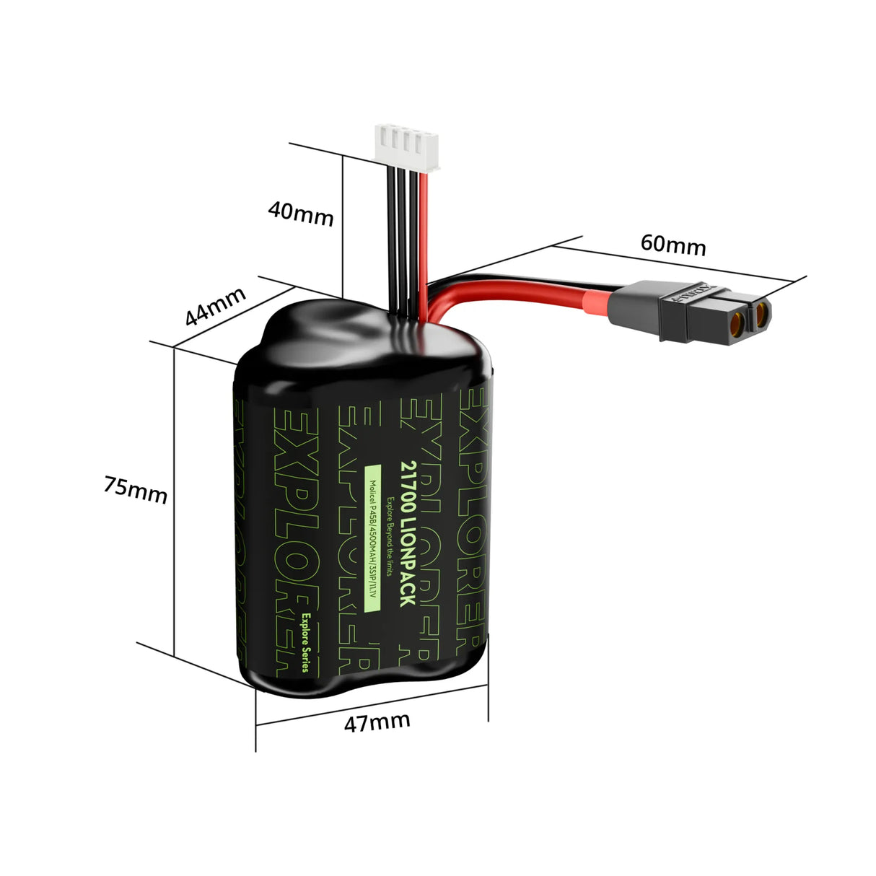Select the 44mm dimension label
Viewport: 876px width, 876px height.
215,306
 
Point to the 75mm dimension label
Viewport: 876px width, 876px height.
135,489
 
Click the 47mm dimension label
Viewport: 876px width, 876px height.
377,722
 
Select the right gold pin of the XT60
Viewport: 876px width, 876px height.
762,312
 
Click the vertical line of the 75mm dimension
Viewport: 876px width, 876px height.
174,498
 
